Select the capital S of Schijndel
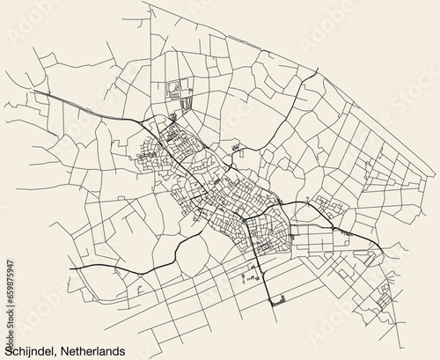click(x=8, y=349)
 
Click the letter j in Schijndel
click(x=34, y=350)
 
